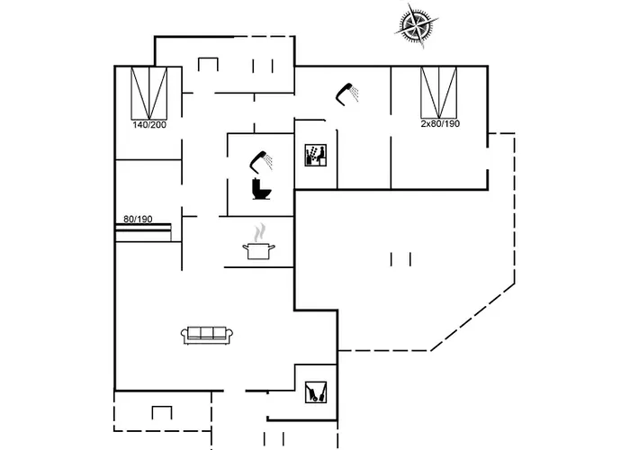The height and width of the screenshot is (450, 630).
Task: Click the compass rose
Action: pos(417,25)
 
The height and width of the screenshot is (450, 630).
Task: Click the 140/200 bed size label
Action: pos(149,125)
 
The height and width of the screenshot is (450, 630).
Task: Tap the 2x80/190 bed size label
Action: pos(440,124)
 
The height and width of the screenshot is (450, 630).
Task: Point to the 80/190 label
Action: pos(138,219)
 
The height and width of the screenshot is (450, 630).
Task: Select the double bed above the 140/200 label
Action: pos(149,94)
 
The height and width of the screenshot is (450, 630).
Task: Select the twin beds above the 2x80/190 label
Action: pos(439,93)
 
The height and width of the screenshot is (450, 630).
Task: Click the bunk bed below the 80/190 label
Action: pos(143,232)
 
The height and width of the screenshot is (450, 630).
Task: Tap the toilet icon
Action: pos(261,189)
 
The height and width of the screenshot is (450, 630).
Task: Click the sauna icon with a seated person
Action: pos(315,156)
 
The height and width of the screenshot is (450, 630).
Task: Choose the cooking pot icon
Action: pos(259,251)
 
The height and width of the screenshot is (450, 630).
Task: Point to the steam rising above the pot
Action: pos(260,232)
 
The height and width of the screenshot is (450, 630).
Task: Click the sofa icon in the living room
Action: pos(207,335)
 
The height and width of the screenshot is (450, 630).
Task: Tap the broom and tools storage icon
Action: pos(316,392)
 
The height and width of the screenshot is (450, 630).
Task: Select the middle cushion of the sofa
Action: pos(207,333)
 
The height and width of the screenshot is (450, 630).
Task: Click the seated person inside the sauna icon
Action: pos(319,155)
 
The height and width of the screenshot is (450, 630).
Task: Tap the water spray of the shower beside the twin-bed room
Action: pos(355,94)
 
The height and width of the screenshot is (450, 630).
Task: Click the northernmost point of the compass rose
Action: pos(409,4)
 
